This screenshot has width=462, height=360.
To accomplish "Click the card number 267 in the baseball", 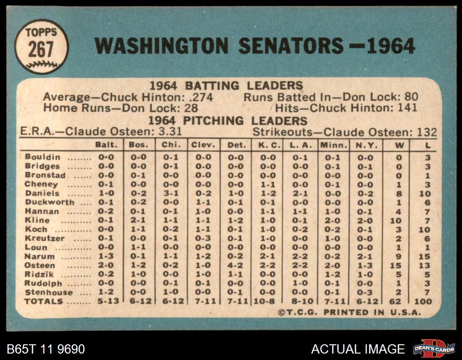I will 40,49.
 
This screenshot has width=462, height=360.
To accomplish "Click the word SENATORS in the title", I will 291,46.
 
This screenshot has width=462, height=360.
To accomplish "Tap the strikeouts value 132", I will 426,132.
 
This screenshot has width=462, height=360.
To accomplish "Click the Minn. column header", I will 331,145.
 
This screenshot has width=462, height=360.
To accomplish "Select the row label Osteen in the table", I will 40,265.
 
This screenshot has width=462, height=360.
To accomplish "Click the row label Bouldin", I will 43,157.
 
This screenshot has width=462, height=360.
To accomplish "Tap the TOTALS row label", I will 44,301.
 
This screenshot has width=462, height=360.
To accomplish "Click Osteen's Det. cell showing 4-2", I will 236,265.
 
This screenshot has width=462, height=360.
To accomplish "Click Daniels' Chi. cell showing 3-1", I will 171,193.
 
